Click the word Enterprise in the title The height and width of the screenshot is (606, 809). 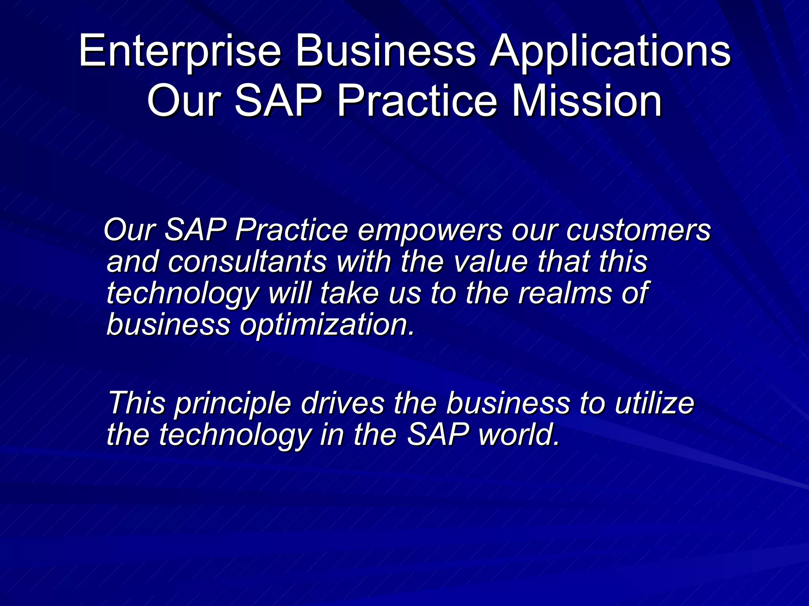pyautogui.click(x=180, y=51)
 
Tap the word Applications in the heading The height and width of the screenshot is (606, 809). pyautogui.click(x=610, y=51)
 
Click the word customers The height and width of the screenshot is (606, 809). pyautogui.click(x=638, y=230)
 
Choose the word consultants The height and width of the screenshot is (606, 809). pyautogui.click(x=247, y=262)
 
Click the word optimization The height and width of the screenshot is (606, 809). pyautogui.click(x=328, y=325)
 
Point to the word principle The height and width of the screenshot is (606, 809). pyautogui.click(x=233, y=403)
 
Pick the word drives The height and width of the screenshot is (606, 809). pyautogui.click(x=342, y=403)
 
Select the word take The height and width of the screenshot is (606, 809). pyautogui.click(x=349, y=294)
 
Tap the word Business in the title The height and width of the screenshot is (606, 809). pyautogui.click(x=386, y=51)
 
